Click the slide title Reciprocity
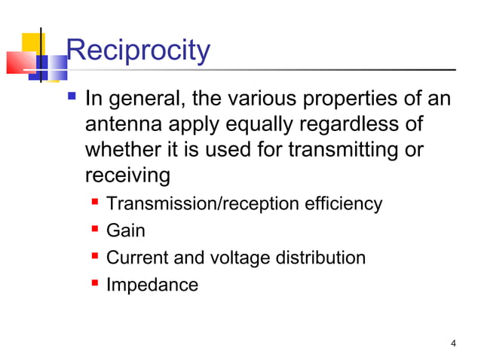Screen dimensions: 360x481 pyautogui.click(x=138, y=51)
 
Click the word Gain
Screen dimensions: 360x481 pyautogui.click(x=126, y=231)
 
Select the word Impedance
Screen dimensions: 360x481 pyautogui.click(x=152, y=285)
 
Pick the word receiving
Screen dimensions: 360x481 pyautogui.click(x=127, y=176)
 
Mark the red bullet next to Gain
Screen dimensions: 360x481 pyautogui.click(x=96, y=231)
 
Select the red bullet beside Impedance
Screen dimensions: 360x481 pyautogui.click(x=96, y=285)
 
